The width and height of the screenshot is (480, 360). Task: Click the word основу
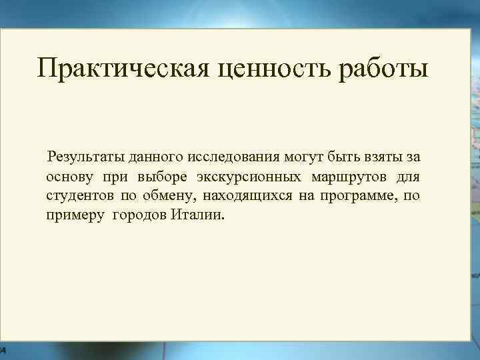click(x=69, y=178)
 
